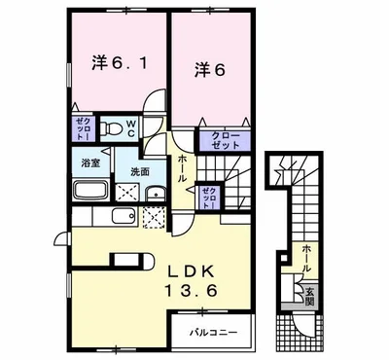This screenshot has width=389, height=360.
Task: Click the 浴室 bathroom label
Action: (89, 162)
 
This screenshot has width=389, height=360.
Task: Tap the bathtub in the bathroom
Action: (93, 188)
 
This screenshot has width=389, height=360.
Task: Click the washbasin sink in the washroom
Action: (155, 192)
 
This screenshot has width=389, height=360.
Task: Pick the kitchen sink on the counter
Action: (125, 219)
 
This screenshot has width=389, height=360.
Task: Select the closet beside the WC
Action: (85, 127)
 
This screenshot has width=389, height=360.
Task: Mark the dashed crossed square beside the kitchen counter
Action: (154, 219)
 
